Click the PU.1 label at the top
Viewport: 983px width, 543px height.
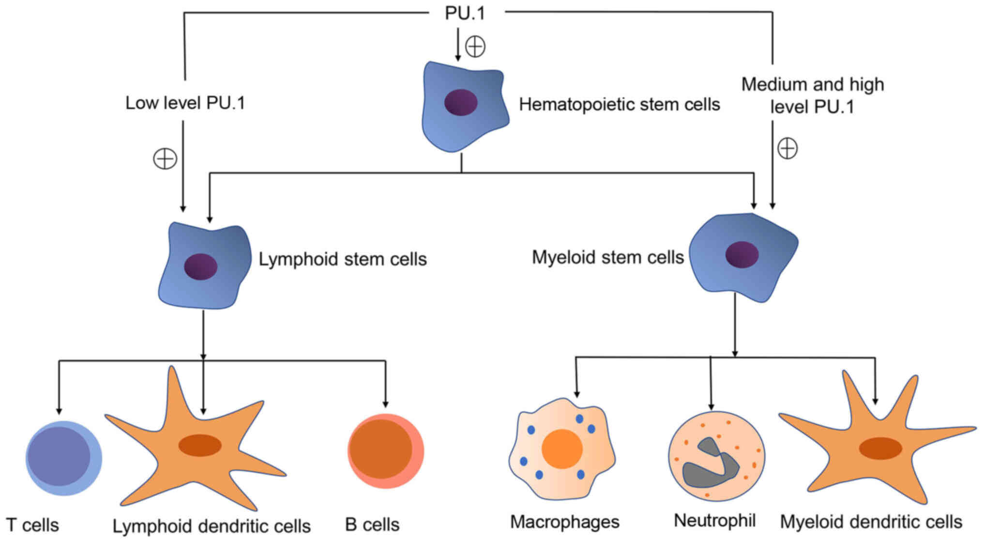click(465, 13)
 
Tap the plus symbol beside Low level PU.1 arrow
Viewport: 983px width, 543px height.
click(165, 159)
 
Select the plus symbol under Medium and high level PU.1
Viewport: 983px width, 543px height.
click(787, 148)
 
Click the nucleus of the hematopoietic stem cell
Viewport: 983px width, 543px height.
click(461, 102)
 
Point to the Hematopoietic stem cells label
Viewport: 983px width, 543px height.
click(620, 105)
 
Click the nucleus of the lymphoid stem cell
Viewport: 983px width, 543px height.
click(201, 266)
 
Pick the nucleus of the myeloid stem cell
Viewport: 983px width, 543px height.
click(742, 254)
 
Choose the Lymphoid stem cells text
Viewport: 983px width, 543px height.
click(343, 259)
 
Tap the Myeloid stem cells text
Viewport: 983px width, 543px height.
click(608, 257)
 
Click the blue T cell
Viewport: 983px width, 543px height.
click(63, 458)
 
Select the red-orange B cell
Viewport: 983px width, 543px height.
click(385, 450)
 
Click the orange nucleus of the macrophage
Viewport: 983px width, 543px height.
click(562, 449)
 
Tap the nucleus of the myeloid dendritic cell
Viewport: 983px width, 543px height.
click(880, 449)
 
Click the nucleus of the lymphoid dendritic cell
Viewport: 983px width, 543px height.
click(200, 445)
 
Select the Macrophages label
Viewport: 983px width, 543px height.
click(565, 522)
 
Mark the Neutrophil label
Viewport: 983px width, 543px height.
click(715, 521)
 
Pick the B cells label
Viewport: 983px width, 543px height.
click(372, 525)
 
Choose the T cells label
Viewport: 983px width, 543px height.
click(32, 525)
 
